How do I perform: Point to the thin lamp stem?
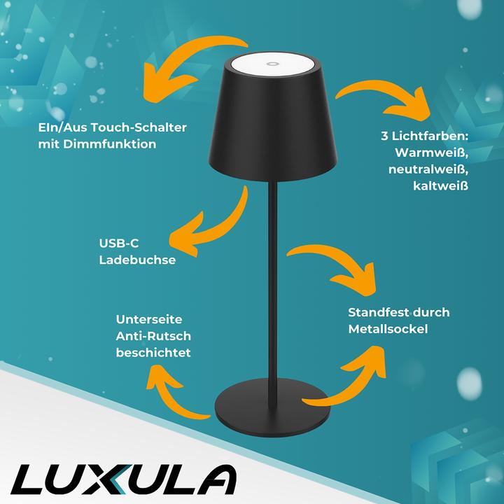[x=269, y=280]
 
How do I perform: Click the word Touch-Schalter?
[x=132, y=129]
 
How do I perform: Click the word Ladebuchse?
[x=136, y=260]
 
